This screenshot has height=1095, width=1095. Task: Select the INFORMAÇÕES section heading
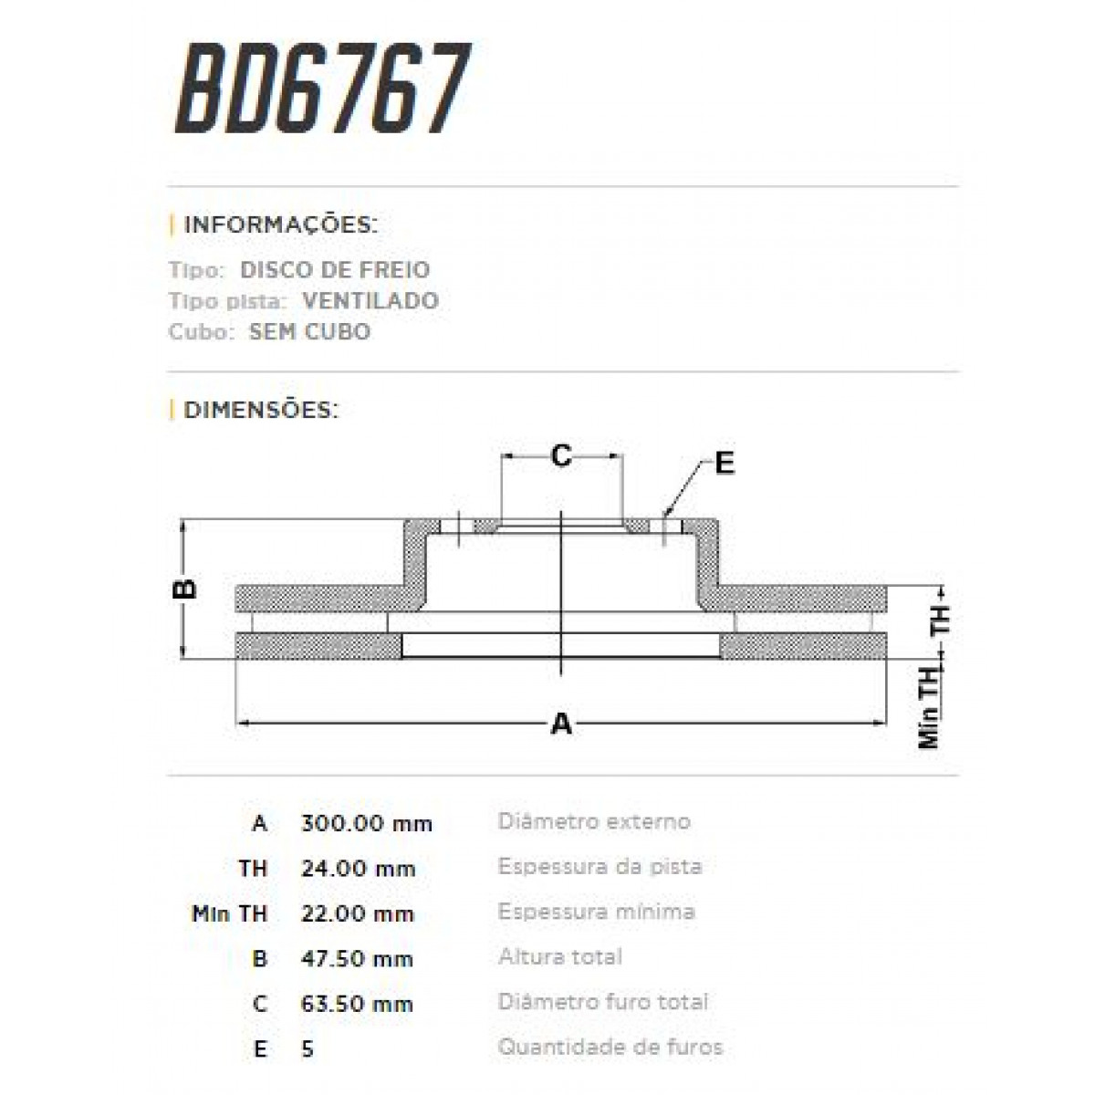tap(280, 224)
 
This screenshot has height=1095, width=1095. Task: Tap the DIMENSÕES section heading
tap(261, 410)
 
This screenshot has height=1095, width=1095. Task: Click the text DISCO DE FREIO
tap(335, 270)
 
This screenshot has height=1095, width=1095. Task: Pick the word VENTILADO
tap(370, 300)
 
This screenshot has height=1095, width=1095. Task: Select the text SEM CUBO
tap(309, 331)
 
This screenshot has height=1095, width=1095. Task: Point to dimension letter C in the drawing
tap(561, 454)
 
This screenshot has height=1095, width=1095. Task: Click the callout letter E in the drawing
tap(724, 464)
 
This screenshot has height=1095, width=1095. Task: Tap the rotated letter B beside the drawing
tap(185, 589)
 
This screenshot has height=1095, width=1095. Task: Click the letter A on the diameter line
tap(561, 725)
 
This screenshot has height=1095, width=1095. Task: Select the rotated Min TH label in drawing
tap(929, 707)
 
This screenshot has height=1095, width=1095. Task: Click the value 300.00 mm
tap(366, 823)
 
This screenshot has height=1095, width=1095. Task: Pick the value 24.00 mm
tap(358, 869)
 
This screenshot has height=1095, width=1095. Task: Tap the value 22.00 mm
tap(358, 913)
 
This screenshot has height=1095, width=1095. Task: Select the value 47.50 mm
tap(357, 959)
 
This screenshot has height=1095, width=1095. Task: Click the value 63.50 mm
tap(357, 1004)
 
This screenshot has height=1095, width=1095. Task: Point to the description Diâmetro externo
tap(594, 821)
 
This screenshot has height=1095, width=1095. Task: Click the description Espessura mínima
tap(597, 912)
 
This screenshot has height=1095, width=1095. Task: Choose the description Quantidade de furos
tap(610, 1047)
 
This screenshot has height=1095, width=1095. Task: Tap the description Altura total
tap(560, 957)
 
